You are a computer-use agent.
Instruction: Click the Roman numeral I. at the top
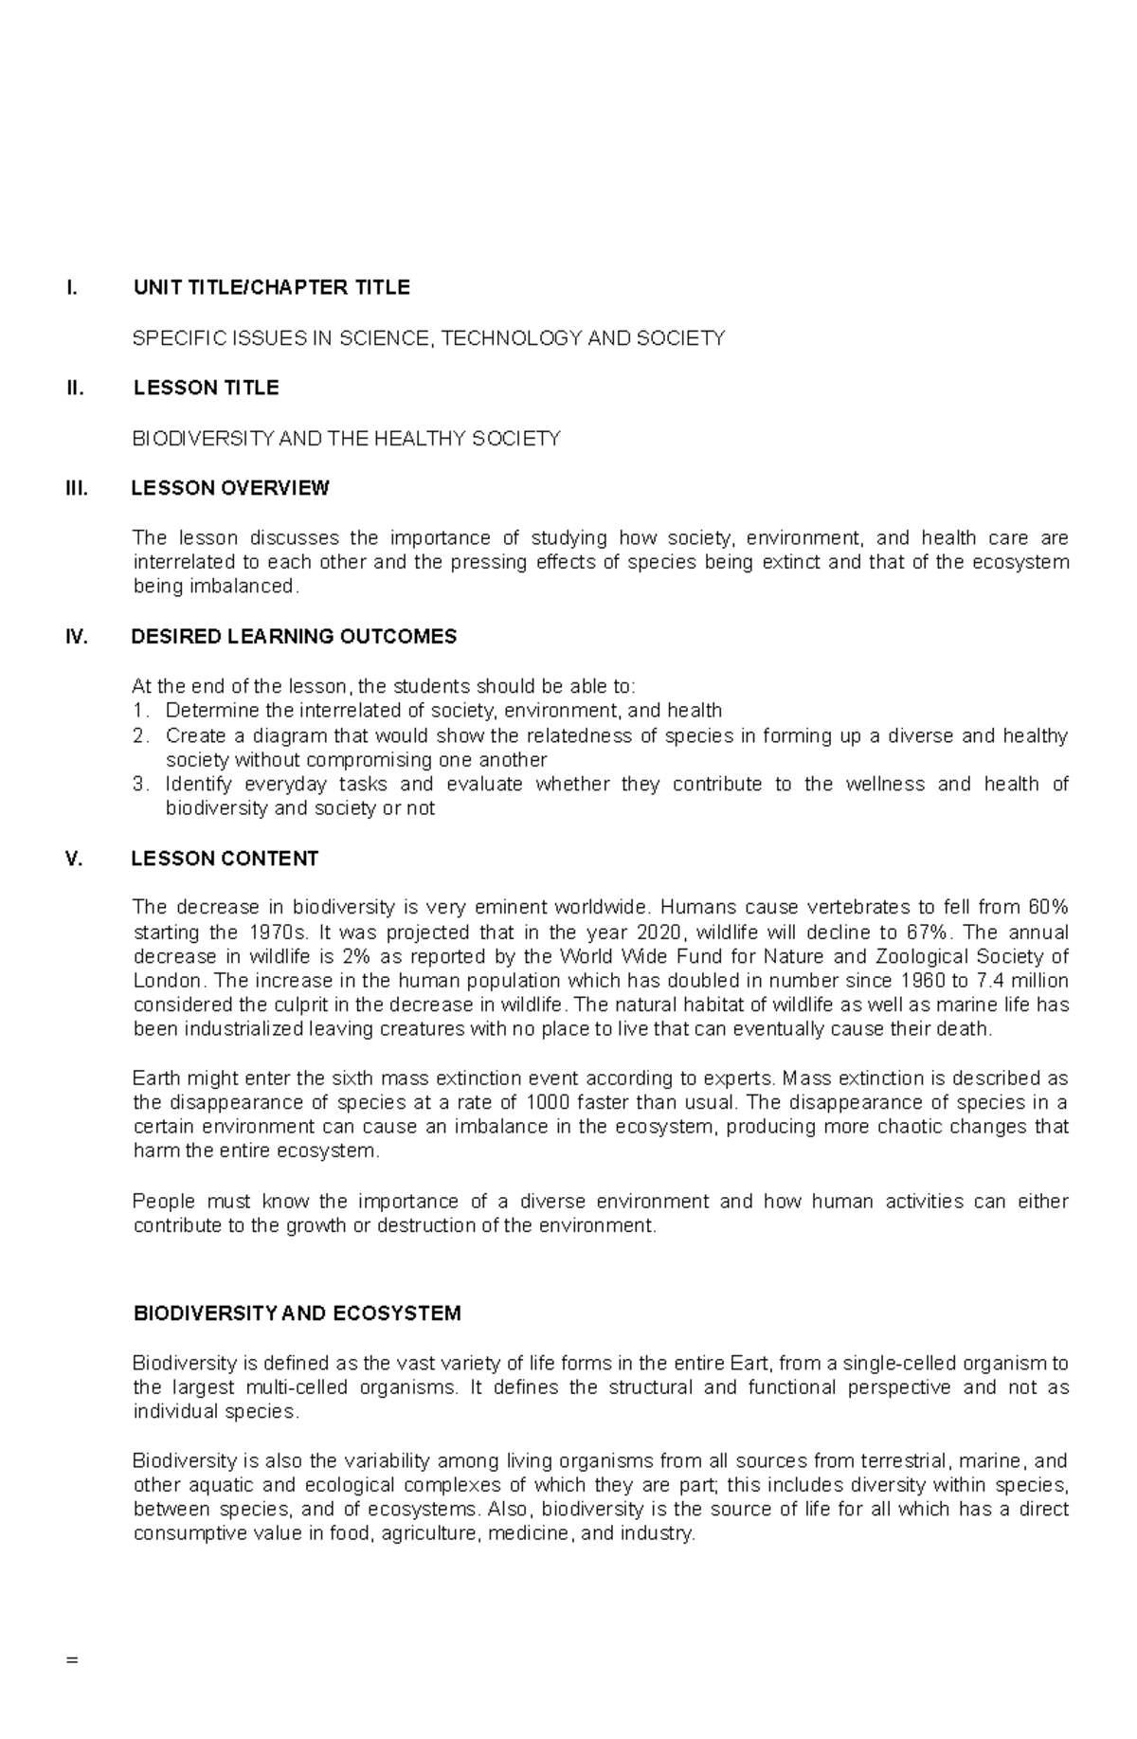tap(70, 288)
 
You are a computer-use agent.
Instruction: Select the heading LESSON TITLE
tap(206, 389)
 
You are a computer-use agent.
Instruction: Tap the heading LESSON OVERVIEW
tap(229, 489)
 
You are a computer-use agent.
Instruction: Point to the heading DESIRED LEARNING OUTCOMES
tap(294, 637)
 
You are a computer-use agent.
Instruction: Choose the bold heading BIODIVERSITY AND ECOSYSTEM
tap(298, 1314)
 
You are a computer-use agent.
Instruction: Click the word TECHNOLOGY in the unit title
tap(513, 338)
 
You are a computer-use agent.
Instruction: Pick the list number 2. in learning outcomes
tap(141, 736)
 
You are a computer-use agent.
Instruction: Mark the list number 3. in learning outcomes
tap(141, 785)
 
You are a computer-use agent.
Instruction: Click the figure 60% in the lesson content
tap(1048, 908)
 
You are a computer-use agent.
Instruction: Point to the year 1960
tap(924, 981)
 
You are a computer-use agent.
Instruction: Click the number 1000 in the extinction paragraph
tap(548, 1103)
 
